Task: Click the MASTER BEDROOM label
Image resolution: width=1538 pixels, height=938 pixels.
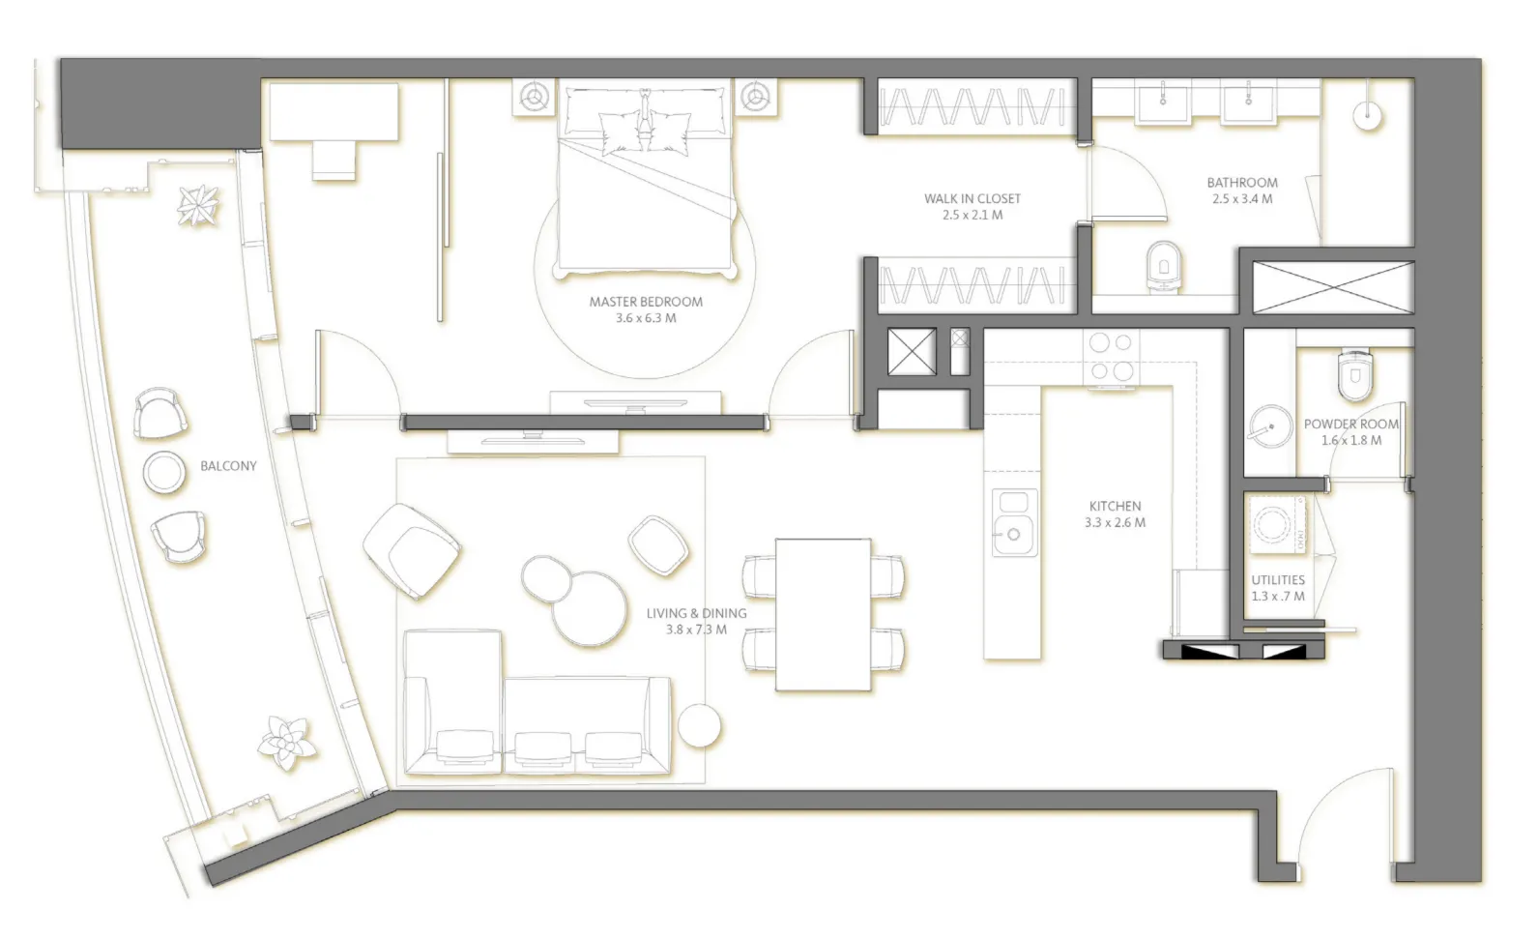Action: (646, 302)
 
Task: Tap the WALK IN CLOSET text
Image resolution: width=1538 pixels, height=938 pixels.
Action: (972, 198)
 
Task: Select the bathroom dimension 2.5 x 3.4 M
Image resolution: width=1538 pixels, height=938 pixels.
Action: (1242, 199)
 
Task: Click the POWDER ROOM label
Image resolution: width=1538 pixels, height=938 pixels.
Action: (1350, 424)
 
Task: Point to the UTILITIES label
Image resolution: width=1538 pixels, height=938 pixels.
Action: (1278, 580)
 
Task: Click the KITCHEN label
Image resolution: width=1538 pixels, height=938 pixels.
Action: (1115, 506)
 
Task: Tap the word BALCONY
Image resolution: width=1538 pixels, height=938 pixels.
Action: (228, 466)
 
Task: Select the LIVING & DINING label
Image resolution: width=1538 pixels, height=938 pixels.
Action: (696, 613)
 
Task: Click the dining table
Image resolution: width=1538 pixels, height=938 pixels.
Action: (823, 615)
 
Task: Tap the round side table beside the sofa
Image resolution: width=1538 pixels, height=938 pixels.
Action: (699, 725)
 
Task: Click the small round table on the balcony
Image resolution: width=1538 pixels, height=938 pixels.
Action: (164, 472)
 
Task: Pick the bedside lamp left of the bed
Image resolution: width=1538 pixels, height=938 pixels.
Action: (533, 97)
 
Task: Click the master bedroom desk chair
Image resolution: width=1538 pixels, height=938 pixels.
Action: (334, 160)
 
